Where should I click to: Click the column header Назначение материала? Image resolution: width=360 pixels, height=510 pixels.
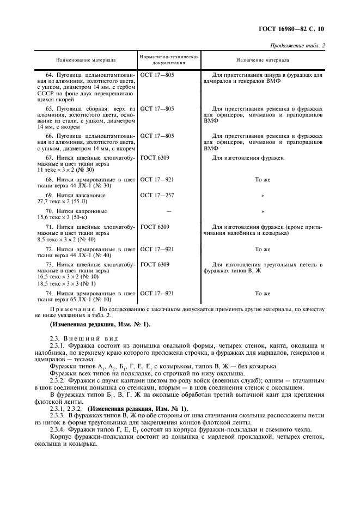pos(263,60)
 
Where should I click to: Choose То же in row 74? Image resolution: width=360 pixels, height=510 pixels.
pos(263,293)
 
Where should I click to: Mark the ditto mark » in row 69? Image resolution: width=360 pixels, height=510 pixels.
pos(263,195)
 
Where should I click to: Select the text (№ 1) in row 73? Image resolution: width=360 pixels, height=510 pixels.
pos(87,284)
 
